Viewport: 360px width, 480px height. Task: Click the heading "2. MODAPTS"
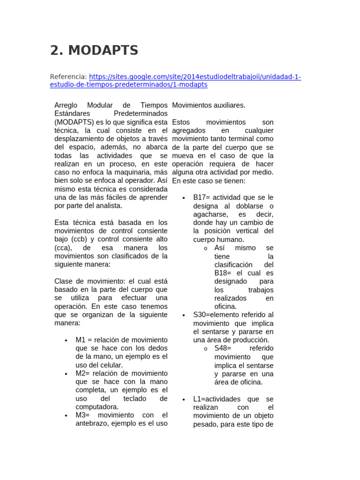(94, 50)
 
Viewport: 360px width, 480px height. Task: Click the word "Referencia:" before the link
(68, 76)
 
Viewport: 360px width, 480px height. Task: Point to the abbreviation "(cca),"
(64, 247)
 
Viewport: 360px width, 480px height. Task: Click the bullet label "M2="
(83, 373)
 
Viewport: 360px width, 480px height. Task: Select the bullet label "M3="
(83, 415)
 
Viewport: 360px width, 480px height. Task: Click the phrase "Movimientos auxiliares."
(209, 105)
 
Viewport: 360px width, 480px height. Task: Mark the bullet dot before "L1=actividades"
(184, 399)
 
